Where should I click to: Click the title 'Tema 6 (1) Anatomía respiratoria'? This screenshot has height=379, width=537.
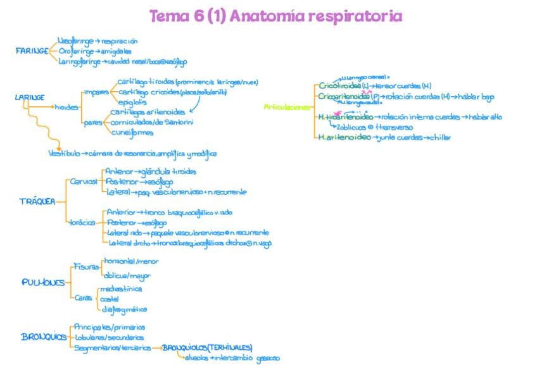275,16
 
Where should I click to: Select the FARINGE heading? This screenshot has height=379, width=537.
32,51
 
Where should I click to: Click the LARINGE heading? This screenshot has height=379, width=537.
29,97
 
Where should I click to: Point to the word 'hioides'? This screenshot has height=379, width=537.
66,107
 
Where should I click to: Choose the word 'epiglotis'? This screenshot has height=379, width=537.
132,101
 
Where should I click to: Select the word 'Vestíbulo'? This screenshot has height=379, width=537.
64,153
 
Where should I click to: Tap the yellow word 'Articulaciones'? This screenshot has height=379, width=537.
286,107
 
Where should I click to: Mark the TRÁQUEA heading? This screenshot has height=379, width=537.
34,201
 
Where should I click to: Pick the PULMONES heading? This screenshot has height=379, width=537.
42,282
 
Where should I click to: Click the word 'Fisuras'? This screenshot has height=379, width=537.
87,266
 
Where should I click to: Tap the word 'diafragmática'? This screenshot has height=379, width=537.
124,309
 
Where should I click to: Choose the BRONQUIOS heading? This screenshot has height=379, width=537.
44,337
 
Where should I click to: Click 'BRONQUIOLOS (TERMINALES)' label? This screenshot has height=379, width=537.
207,347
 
